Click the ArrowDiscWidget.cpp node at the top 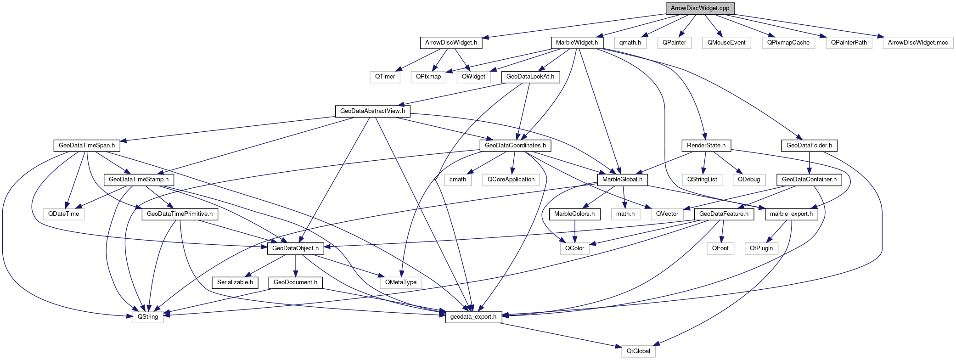coord(700,8)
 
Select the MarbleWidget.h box coord(577,43)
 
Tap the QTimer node coord(385,77)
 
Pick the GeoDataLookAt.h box coord(530,77)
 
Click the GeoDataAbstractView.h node coord(372,111)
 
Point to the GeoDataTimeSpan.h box coord(86,146)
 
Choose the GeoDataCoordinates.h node coord(515,146)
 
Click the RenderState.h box coord(706,146)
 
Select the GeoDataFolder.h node coord(809,146)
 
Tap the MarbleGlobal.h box coord(622,180)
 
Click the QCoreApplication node coord(511,180)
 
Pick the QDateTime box coord(63,214)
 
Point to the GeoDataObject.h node coord(295,248)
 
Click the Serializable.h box coord(235,282)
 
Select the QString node coord(148,317)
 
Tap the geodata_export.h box coord(473,317)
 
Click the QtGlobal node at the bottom coord(638,351)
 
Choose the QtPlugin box coord(761,248)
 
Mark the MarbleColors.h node coord(574,214)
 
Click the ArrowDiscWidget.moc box coord(917,43)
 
